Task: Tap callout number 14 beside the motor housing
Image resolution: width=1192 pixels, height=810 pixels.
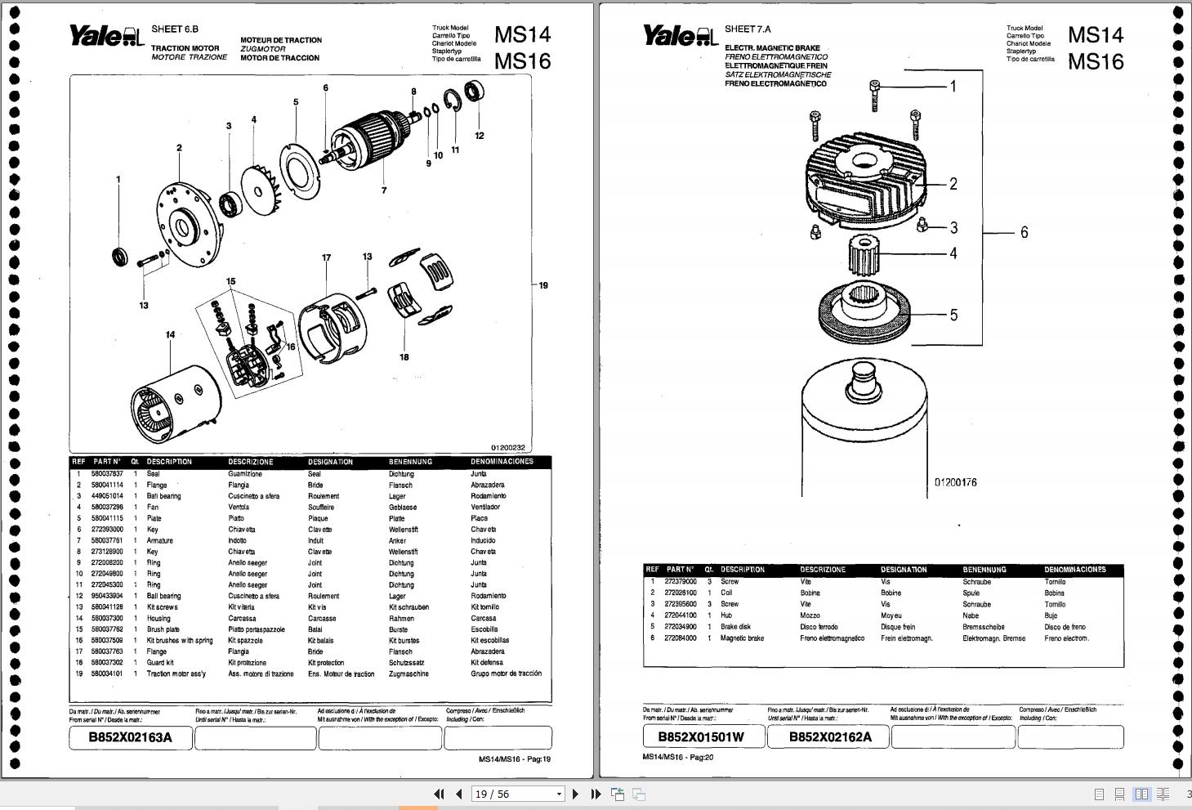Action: pyautogui.click(x=170, y=334)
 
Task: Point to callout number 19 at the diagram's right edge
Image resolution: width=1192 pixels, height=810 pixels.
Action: pyautogui.click(x=542, y=285)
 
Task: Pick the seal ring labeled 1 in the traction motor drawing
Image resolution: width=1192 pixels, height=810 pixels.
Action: pyautogui.click(x=120, y=257)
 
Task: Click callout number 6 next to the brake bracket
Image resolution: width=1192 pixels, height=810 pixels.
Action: pyautogui.click(x=1024, y=233)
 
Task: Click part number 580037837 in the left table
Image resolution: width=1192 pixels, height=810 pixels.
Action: pyautogui.click(x=107, y=474)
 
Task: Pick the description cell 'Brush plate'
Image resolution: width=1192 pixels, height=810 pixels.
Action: pyautogui.click(x=163, y=629)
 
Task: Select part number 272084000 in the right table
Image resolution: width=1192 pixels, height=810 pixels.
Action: pyautogui.click(x=680, y=638)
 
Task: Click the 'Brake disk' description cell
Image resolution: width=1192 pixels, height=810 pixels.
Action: pyautogui.click(x=735, y=627)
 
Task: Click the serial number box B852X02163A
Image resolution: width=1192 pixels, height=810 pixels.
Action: pyautogui.click(x=131, y=737)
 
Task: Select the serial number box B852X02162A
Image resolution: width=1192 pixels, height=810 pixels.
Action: pyautogui.click(x=829, y=736)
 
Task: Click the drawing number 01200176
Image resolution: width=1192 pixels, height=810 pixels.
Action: pyautogui.click(x=955, y=482)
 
